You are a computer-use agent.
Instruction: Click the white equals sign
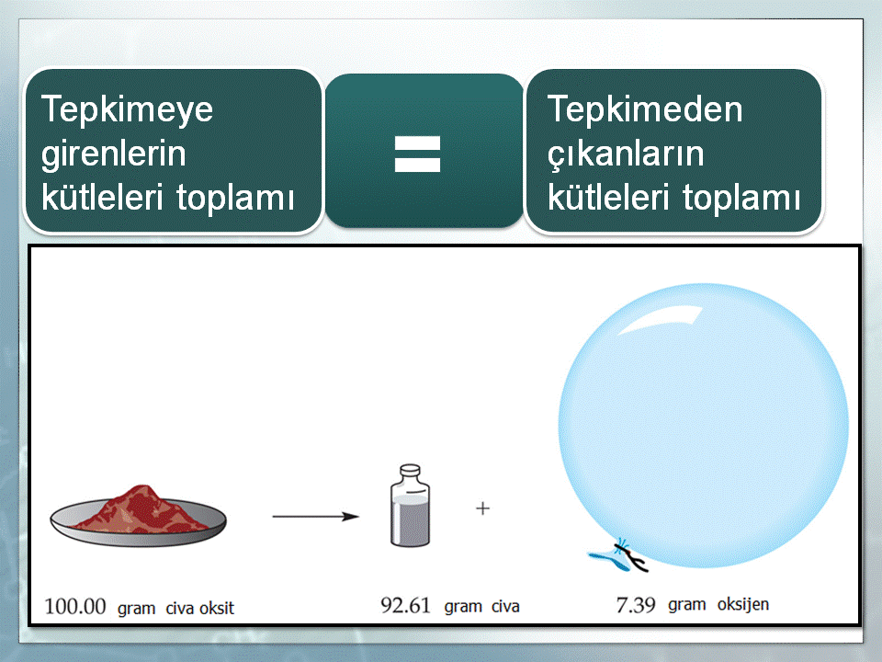[417, 154]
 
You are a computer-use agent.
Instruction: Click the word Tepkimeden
[645, 108]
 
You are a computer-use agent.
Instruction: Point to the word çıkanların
[626, 154]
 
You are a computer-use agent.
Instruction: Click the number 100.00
[75, 607]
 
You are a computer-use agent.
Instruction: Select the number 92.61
[405, 606]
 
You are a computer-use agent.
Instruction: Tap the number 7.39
[636, 605]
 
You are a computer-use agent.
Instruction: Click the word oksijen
[743, 605]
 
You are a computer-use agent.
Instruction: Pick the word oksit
[216, 608]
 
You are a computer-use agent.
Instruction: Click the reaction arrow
[315, 516]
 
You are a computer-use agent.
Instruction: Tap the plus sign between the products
[482, 508]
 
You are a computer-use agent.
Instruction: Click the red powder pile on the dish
[141, 509]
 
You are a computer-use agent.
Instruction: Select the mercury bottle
[410, 505]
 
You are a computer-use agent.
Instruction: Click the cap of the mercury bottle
[410, 470]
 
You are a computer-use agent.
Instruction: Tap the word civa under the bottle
[505, 606]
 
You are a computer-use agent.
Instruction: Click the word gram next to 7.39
[687, 605]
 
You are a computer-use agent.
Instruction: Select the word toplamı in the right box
[741, 199]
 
